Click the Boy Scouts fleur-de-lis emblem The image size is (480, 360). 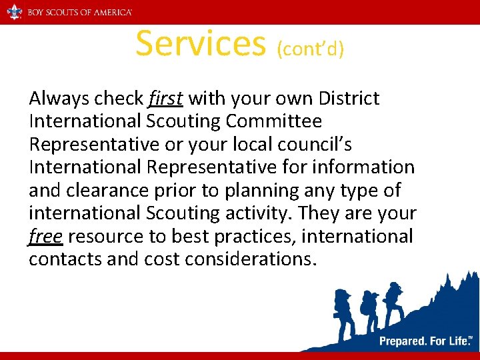point(14,11)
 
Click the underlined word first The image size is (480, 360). point(165,99)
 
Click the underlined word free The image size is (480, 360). point(45,237)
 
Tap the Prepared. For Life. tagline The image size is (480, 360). point(425,341)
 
